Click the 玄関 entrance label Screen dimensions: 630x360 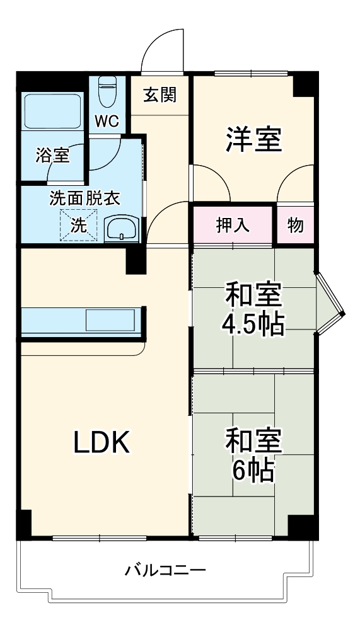click(x=159, y=95)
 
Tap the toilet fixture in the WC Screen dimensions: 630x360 click(x=108, y=91)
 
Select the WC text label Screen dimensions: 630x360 click(x=107, y=121)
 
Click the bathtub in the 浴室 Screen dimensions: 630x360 click(x=52, y=111)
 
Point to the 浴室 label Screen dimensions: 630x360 click(x=52, y=156)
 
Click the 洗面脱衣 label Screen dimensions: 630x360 click(x=84, y=198)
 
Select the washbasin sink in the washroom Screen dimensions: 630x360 click(x=122, y=228)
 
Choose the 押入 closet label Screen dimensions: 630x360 click(x=233, y=226)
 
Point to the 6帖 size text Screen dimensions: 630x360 click(x=253, y=469)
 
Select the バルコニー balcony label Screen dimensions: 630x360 click(x=165, y=571)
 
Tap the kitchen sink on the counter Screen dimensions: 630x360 click(x=110, y=320)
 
